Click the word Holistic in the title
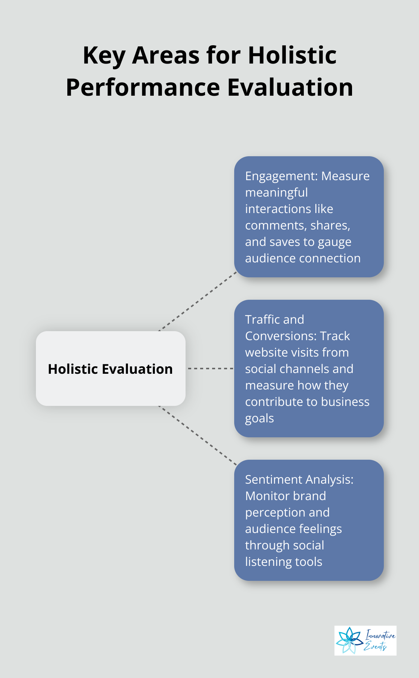coord(292,55)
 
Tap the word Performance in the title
coord(143,87)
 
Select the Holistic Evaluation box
coord(110,369)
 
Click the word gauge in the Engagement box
coord(334,242)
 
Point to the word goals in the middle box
coord(259,418)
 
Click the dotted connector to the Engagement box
coord(198,301)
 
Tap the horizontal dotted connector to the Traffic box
coord(210,369)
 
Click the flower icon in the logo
coord(349,640)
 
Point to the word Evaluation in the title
coord(290,87)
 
